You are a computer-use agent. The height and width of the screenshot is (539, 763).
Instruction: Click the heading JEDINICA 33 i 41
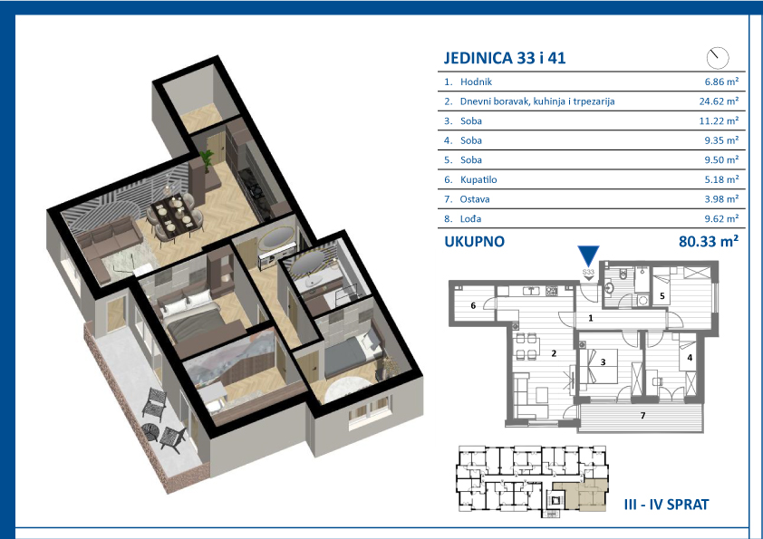[505, 58]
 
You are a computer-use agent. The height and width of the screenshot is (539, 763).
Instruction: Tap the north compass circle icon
[718, 58]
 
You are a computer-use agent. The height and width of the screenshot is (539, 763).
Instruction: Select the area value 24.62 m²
[719, 101]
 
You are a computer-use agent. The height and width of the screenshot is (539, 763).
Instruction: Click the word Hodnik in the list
[476, 82]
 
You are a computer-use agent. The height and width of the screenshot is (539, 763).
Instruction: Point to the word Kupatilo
[478, 179]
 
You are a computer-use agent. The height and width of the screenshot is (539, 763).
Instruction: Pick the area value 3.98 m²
[721, 199]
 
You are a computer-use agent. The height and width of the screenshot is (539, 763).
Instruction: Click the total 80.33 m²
[709, 241]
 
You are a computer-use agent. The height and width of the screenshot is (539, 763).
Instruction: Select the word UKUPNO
[475, 241]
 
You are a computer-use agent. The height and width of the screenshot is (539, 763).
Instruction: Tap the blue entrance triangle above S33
[588, 255]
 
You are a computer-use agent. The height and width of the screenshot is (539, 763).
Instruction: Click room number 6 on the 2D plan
[473, 305]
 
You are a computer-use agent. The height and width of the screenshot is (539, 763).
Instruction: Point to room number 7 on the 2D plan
[642, 416]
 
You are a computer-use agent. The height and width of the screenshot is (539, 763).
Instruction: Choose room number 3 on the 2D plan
[603, 362]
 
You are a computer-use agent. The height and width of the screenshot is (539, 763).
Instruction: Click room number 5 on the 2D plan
[662, 295]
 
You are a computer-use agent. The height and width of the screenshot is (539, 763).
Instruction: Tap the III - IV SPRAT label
[666, 505]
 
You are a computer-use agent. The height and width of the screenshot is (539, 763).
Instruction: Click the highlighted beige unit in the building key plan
[583, 495]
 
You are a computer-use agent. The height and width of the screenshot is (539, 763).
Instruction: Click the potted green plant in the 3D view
[207, 159]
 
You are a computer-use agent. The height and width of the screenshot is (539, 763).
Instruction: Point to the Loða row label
[470, 219]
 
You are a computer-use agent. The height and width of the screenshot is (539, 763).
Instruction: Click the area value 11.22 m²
[719, 120]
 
